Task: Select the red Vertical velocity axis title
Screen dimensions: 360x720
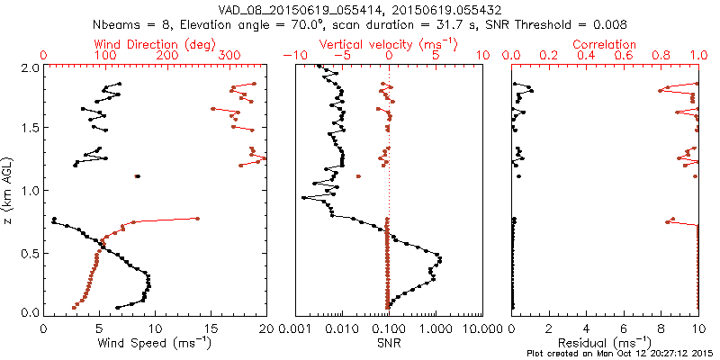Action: [x=388, y=44]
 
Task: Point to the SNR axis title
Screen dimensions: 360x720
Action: [x=388, y=342]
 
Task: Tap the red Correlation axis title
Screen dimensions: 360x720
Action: [x=605, y=44]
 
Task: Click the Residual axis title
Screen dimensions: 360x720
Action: [x=604, y=342]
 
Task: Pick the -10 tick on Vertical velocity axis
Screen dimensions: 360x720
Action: [x=294, y=56]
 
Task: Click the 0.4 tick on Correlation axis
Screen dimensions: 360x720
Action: [x=587, y=56]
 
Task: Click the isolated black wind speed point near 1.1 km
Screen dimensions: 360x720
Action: [x=137, y=176]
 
